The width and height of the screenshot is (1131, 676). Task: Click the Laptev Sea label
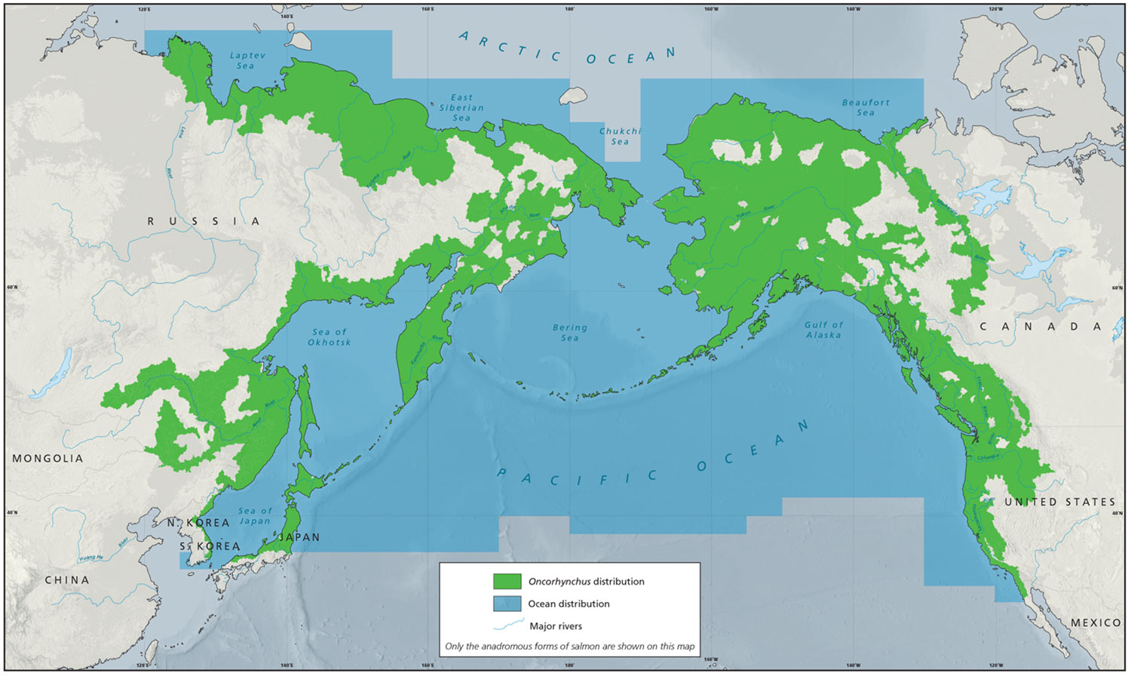click(x=245, y=60)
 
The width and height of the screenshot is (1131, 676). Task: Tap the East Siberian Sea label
click(x=461, y=108)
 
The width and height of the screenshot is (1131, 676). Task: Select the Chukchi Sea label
click(x=620, y=136)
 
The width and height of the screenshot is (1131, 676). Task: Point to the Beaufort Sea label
click(x=866, y=107)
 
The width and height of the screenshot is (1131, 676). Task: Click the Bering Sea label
click(x=570, y=333)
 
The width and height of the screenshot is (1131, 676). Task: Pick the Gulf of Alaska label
click(x=823, y=330)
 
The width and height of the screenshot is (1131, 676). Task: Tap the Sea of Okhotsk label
click(x=329, y=336)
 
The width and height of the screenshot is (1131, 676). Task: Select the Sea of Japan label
click(x=255, y=516)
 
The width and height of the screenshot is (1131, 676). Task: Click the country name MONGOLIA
click(x=48, y=459)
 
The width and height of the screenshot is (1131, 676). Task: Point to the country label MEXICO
click(x=1096, y=622)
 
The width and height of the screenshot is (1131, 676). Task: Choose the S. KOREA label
click(x=210, y=546)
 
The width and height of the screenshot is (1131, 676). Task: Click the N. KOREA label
click(x=198, y=523)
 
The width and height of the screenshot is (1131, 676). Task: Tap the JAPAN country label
click(x=299, y=537)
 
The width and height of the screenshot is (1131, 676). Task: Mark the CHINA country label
click(x=66, y=580)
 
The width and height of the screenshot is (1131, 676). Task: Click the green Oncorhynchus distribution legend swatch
click(x=507, y=582)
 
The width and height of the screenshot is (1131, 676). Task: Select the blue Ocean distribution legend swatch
click(x=507, y=604)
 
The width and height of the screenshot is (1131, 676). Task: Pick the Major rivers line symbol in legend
click(x=508, y=625)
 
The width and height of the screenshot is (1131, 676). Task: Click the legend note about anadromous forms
click(x=569, y=646)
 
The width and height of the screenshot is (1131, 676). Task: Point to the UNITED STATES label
click(x=1059, y=502)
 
